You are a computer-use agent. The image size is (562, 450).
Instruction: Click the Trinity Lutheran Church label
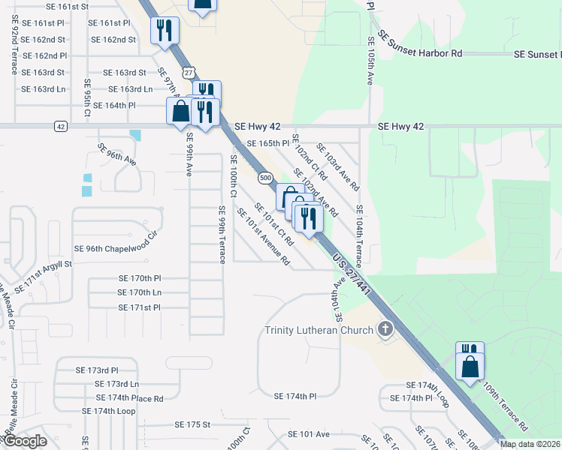coord(319,331)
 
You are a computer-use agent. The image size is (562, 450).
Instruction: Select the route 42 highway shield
coord(60,126)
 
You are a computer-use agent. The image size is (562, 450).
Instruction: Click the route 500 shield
coord(264,178)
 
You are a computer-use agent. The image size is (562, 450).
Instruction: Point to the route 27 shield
coord(188,72)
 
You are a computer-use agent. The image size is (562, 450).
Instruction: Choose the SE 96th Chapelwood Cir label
coord(117,247)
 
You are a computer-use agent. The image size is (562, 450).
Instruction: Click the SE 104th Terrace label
coord(359,236)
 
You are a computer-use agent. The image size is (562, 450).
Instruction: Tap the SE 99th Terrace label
coord(222,234)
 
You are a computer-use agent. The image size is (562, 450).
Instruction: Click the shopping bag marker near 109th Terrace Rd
coord(470,367)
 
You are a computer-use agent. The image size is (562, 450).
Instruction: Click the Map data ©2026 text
coord(529,444)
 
